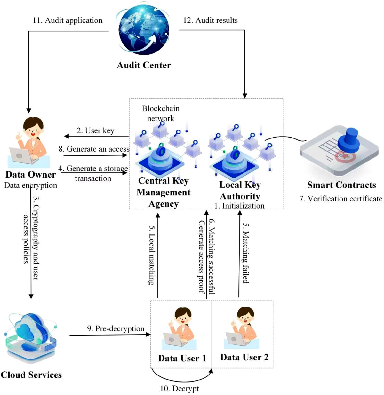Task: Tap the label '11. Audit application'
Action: (68, 20)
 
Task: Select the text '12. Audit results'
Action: (210, 20)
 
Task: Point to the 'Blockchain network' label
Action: (161, 113)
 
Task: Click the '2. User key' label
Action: (95, 130)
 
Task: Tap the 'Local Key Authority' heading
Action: (240, 191)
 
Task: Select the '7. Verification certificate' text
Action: (341, 199)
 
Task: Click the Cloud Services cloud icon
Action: (31, 333)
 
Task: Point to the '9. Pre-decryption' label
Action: (116, 329)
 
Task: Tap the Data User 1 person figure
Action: (182, 326)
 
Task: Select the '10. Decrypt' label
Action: (179, 389)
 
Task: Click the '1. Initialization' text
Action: (239, 206)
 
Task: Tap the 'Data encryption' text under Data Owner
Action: (30, 185)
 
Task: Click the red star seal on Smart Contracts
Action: (345, 157)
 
